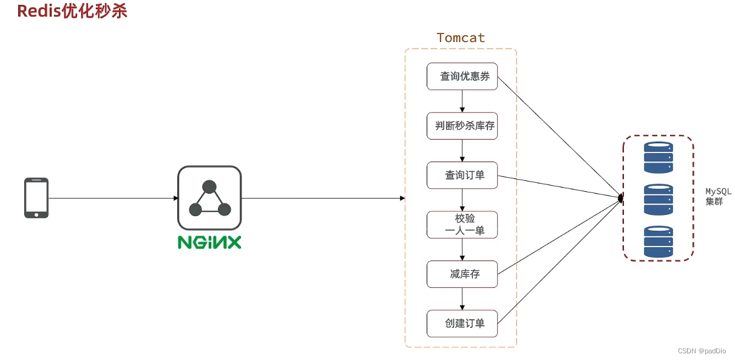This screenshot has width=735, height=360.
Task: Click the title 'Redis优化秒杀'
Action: coord(72,11)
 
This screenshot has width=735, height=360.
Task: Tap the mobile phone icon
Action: coord(36,198)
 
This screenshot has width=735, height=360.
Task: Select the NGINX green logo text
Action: coord(209,242)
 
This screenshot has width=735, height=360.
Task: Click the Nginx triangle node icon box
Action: coord(209,198)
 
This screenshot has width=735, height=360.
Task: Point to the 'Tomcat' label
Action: coord(461,38)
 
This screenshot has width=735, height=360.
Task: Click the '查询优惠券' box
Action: coord(462,76)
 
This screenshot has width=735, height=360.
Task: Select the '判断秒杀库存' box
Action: coord(462,126)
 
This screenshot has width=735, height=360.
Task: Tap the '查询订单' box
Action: coord(462,175)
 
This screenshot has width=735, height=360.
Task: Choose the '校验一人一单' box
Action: coord(462,225)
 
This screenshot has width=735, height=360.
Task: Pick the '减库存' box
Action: coord(462,274)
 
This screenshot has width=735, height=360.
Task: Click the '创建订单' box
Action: coord(462,324)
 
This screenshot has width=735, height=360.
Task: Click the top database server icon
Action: coord(659,157)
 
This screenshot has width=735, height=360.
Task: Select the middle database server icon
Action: coord(659,199)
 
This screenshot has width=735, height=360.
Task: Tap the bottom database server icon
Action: coord(659,241)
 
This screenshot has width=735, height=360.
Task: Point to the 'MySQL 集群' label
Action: coord(718,196)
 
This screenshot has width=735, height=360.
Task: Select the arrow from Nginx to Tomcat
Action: coord(322,198)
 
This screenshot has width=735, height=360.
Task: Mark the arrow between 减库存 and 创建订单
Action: coord(462,299)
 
